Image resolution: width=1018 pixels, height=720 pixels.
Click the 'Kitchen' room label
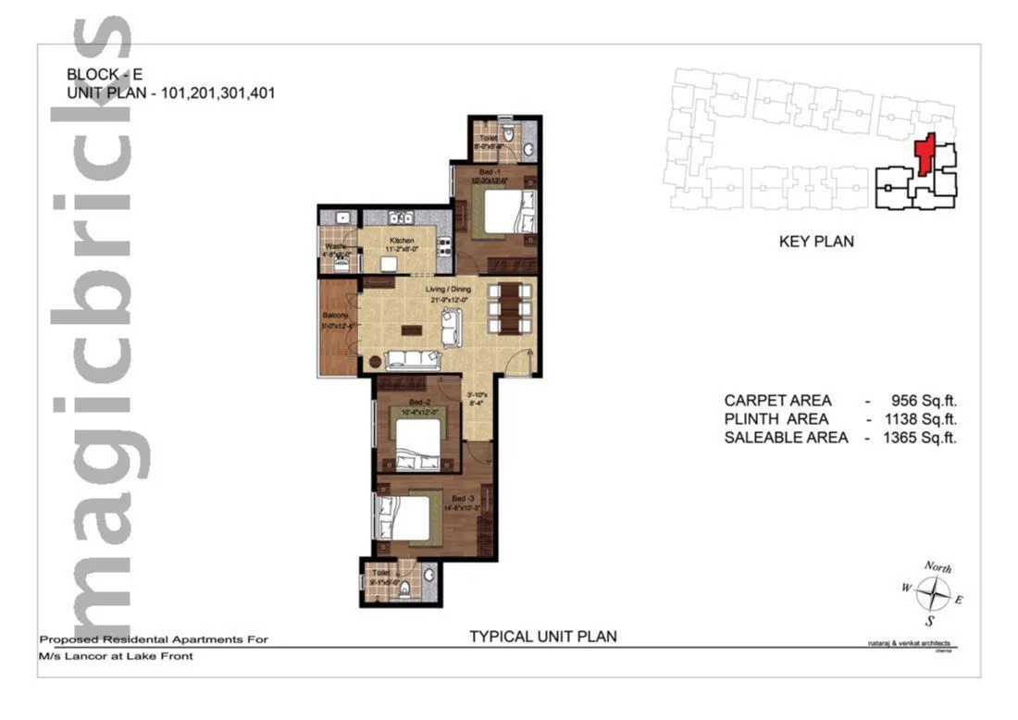(400, 240)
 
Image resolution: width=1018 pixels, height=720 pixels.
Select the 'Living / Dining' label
(449, 292)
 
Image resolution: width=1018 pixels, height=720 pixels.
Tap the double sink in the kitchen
(400, 217)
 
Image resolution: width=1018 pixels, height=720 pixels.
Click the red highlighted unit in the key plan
(924, 155)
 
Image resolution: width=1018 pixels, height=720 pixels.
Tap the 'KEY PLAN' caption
(816, 242)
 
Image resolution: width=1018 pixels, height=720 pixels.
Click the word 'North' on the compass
(937, 567)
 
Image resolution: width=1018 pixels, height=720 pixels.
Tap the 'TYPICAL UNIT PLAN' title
(542, 636)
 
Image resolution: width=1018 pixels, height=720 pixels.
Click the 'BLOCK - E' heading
(105, 74)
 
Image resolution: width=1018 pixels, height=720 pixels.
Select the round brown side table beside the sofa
(376, 362)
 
